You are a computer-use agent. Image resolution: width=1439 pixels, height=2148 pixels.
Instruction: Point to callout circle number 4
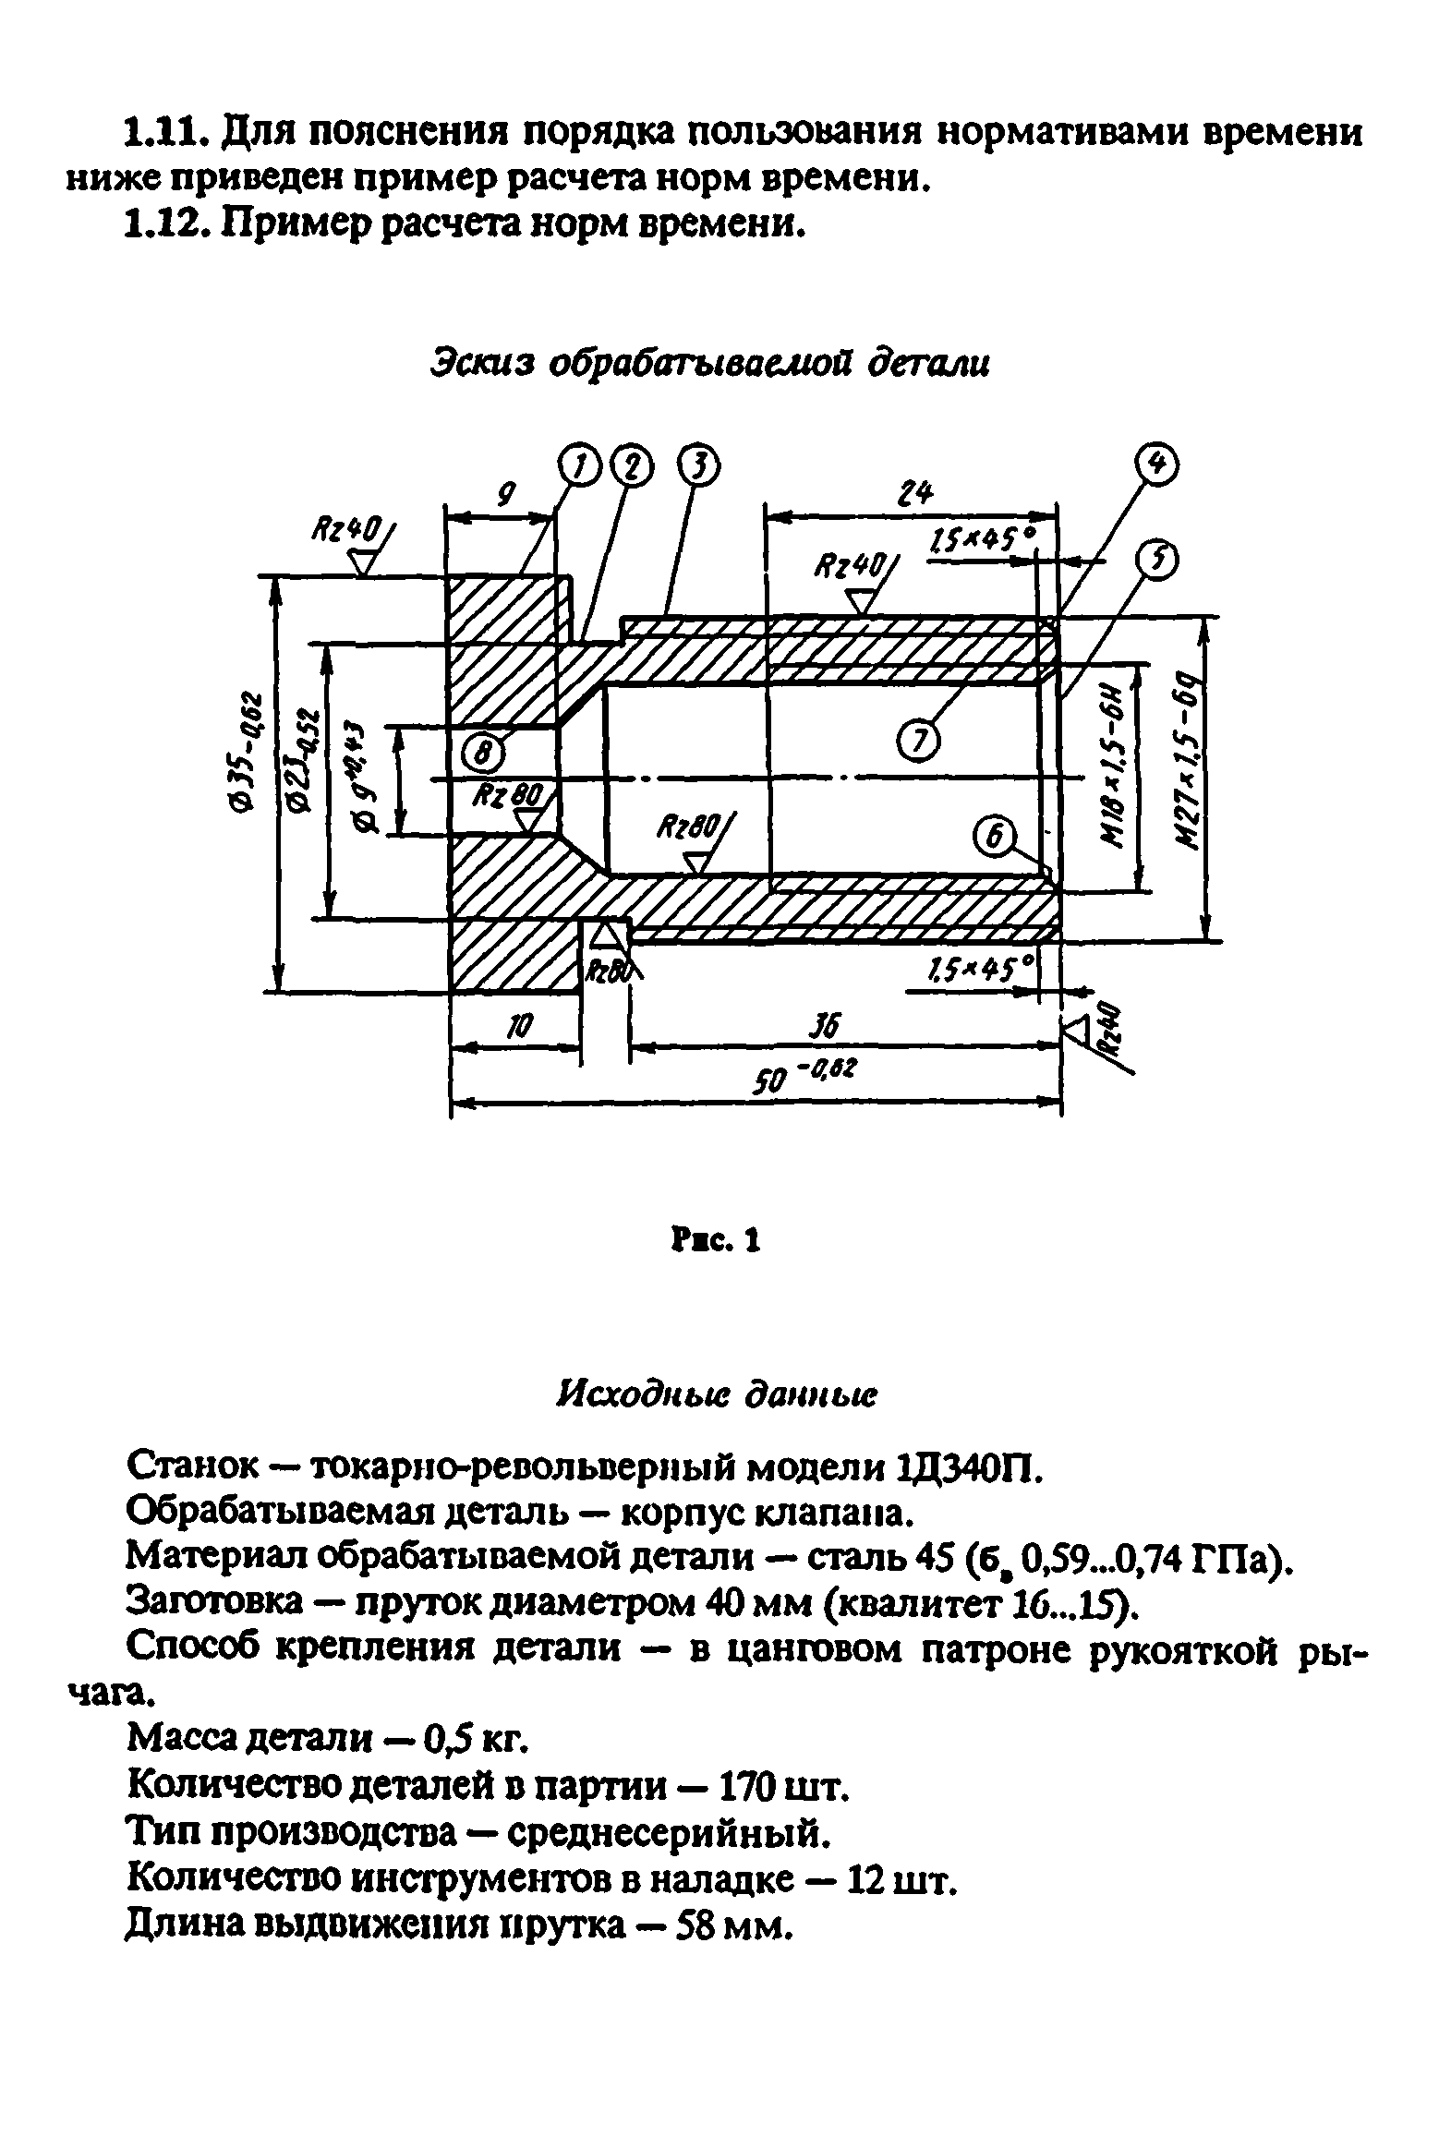tap(1160, 467)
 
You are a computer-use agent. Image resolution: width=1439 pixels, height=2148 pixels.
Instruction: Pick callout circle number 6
tap(995, 838)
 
